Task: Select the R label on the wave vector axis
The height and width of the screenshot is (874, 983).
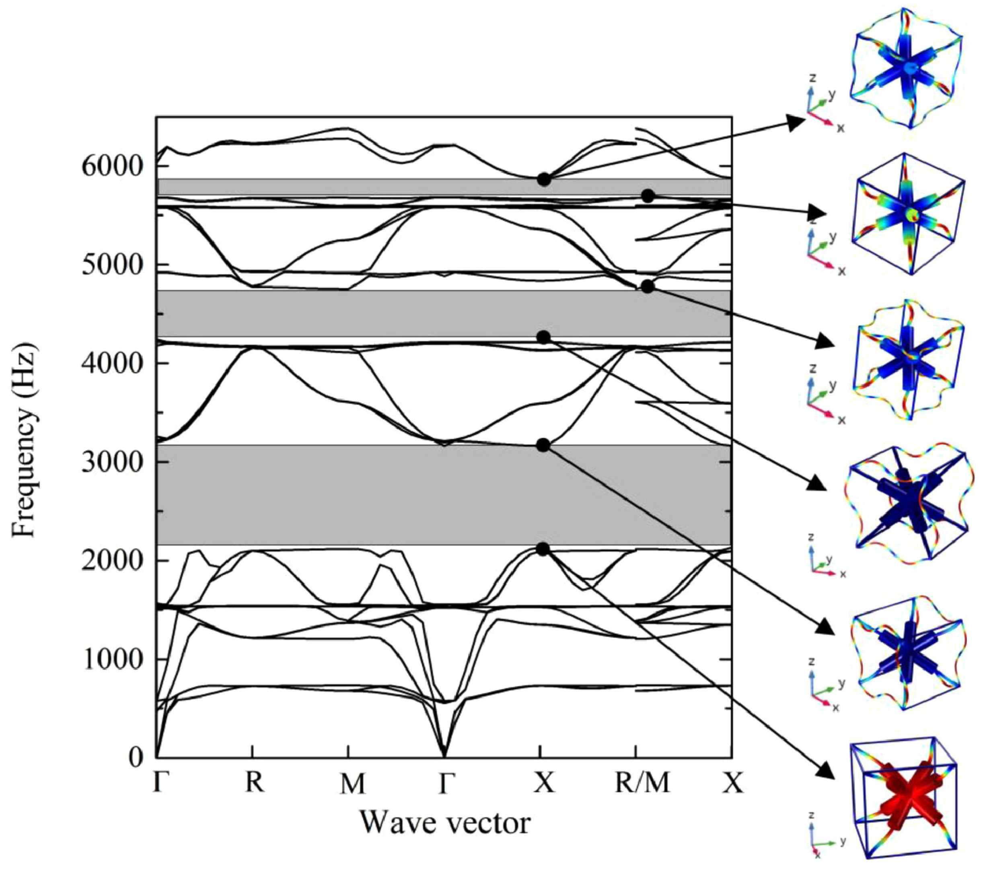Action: coord(254,783)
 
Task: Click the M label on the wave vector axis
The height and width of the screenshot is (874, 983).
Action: coord(352,784)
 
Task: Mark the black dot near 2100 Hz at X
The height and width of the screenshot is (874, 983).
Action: coord(543,549)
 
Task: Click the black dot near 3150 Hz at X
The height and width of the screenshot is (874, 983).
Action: coord(543,445)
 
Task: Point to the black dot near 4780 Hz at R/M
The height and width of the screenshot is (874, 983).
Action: coord(648,286)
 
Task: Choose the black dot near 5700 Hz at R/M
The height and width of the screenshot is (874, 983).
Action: coord(648,196)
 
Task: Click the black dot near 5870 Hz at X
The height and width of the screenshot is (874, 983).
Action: coord(544,179)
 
